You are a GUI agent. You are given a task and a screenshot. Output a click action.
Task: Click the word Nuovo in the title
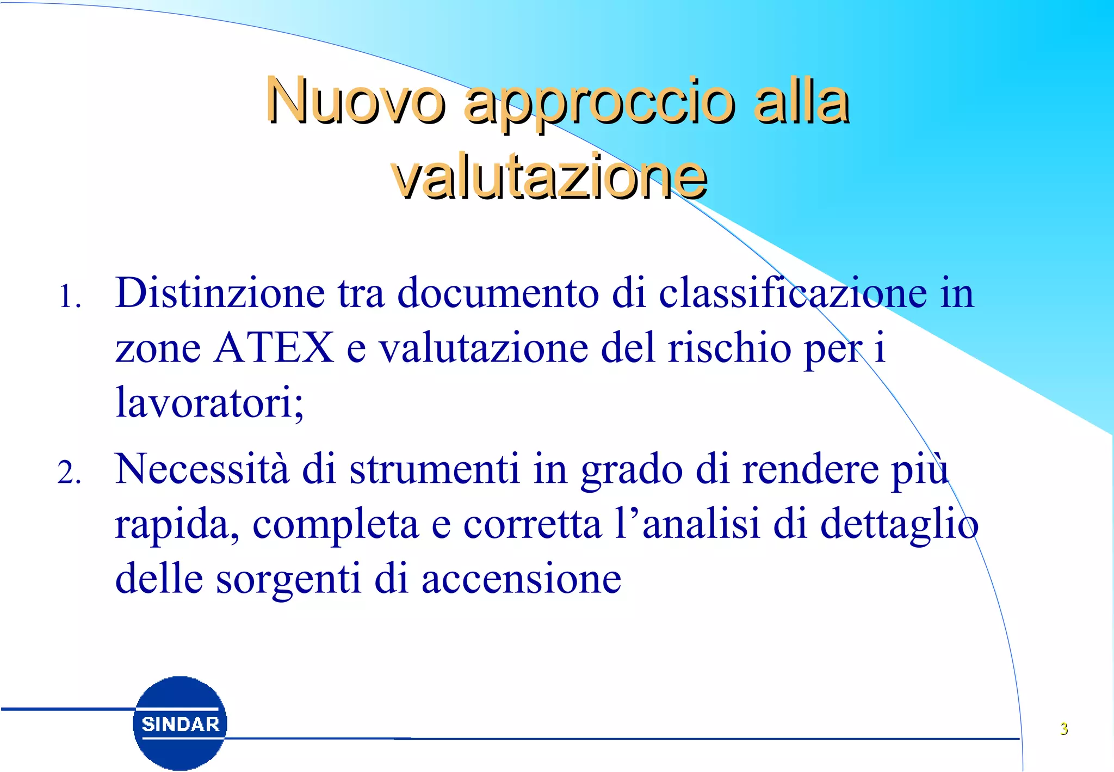coord(355,101)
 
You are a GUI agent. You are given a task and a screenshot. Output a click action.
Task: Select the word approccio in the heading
coord(599,103)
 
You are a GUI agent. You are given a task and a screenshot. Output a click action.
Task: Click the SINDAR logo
coord(180,723)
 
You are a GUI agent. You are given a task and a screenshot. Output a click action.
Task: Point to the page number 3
coord(1064,728)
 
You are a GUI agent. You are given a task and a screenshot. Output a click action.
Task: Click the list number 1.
coord(70,297)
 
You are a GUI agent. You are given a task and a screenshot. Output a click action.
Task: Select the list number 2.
coord(70,473)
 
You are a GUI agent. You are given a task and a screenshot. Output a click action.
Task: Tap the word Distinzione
coord(220,293)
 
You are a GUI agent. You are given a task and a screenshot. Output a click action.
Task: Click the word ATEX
coord(274,348)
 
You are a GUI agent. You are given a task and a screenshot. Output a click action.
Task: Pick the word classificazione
coord(793,293)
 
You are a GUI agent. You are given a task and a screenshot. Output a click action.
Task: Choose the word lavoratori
coord(209,403)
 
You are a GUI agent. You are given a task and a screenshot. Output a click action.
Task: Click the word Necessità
coord(202,469)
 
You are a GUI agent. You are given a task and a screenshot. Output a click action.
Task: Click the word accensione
coord(521,579)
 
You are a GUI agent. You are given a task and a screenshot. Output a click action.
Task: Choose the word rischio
coord(729,348)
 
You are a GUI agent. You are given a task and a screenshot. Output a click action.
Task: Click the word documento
coord(498,293)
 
